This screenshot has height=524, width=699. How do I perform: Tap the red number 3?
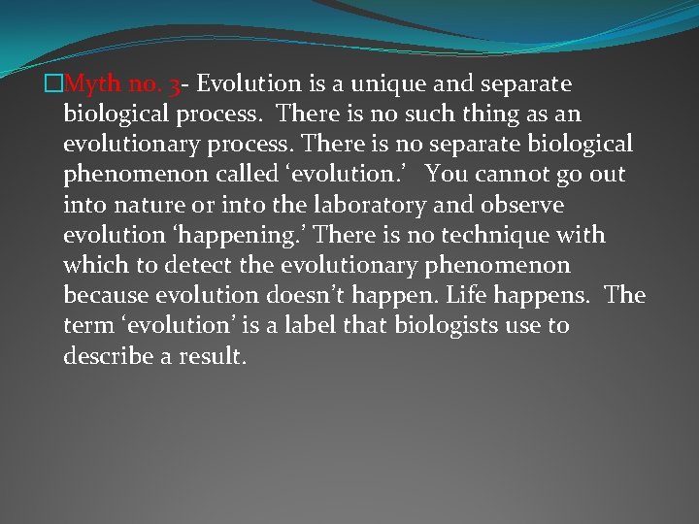173,84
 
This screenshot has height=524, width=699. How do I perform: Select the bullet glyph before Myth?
53,84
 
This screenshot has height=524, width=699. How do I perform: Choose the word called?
247,175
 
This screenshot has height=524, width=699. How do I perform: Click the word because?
104,295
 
